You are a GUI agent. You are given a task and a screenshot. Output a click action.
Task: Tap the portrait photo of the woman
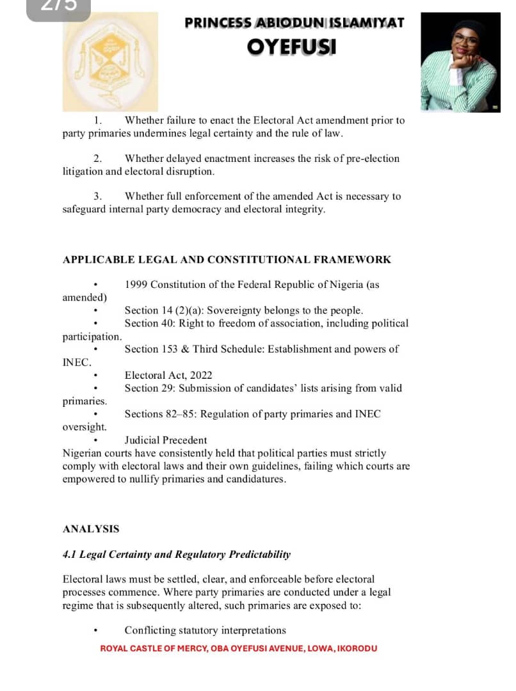[460, 63]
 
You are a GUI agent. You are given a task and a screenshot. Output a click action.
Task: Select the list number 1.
[97, 120]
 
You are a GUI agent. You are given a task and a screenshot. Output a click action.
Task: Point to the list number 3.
[97, 196]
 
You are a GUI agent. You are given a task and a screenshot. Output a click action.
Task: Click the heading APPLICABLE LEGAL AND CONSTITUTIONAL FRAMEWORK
[227, 260]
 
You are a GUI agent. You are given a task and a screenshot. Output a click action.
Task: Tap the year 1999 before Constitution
[136, 285]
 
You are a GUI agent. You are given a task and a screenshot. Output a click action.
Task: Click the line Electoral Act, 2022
[168, 376]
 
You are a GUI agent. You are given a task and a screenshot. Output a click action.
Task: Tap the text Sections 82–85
[160, 415]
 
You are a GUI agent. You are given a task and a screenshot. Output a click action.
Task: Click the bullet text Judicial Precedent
[166, 440]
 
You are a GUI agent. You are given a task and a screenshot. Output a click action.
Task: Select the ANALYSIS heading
[91, 529]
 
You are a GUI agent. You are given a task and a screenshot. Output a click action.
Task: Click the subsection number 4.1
[70, 555]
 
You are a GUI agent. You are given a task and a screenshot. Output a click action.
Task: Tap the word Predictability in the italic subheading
[259, 555]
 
